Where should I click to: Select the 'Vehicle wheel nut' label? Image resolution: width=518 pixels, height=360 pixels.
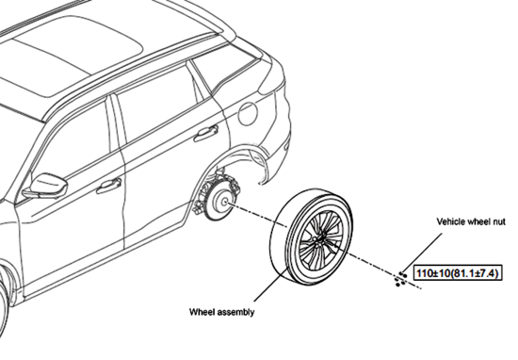(x=472, y=221)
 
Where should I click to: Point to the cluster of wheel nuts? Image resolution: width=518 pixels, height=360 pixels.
(x=400, y=274)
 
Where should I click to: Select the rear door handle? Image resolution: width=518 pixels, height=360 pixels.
(x=204, y=135)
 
